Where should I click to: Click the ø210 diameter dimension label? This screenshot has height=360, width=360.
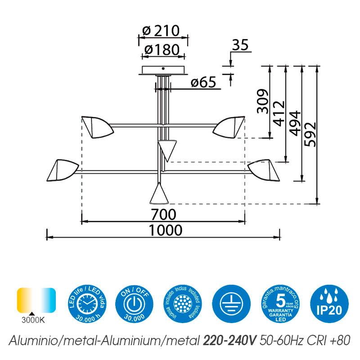pyautogui.click(x=161, y=31)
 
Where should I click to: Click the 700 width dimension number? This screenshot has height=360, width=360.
pyautogui.click(x=163, y=213)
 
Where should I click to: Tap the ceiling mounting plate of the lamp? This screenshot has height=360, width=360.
pyautogui.click(x=163, y=72)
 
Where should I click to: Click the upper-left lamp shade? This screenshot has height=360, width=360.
pyautogui.click(x=96, y=126)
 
